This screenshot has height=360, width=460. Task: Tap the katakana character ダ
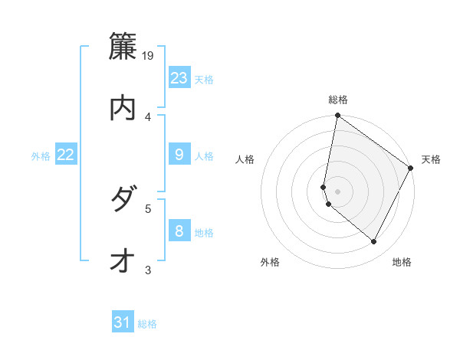pyautogui.click(x=123, y=201)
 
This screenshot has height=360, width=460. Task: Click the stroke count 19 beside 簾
pyautogui.click(x=149, y=55)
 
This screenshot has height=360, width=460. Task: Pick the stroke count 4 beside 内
pyautogui.click(x=149, y=116)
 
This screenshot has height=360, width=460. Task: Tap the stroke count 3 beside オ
pyautogui.click(x=149, y=270)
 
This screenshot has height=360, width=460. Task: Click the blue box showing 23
pyautogui.click(x=179, y=78)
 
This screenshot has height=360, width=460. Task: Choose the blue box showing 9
pyautogui.click(x=179, y=155)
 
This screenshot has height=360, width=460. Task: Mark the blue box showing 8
pyautogui.click(x=179, y=231)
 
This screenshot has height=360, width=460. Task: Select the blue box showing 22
pyautogui.click(x=66, y=155)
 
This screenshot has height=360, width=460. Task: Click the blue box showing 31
pyautogui.click(x=123, y=322)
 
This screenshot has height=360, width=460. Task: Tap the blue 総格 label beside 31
pyautogui.click(x=147, y=324)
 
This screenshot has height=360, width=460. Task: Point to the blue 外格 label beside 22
pyautogui.click(x=41, y=156)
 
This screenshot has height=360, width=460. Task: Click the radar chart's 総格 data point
pyautogui.click(x=337, y=116)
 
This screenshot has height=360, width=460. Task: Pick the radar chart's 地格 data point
pyautogui.click(x=374, y=242)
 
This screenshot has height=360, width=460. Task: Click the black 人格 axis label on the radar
pyautogui.click(x=245, y=159)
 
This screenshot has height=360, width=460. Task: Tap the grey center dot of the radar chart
pyautogui.click(x=337, y=191)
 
